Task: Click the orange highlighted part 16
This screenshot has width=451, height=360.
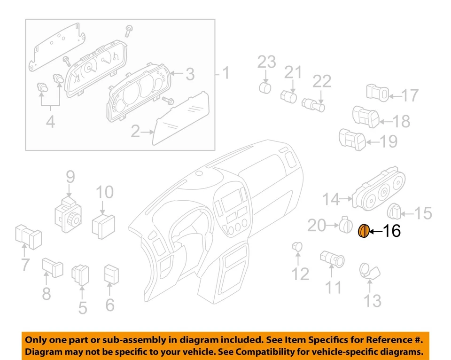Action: [364, 231]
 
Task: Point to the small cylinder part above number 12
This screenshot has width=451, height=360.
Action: [297, 246]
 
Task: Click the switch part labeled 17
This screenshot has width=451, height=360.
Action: [377, 93]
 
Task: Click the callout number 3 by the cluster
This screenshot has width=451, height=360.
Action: [189, 74]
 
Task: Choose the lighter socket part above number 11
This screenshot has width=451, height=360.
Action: [332, 258]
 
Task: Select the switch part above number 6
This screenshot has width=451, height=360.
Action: [111, 274]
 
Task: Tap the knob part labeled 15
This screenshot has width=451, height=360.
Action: [396, 212]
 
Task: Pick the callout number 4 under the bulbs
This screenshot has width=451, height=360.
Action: [50, 122]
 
